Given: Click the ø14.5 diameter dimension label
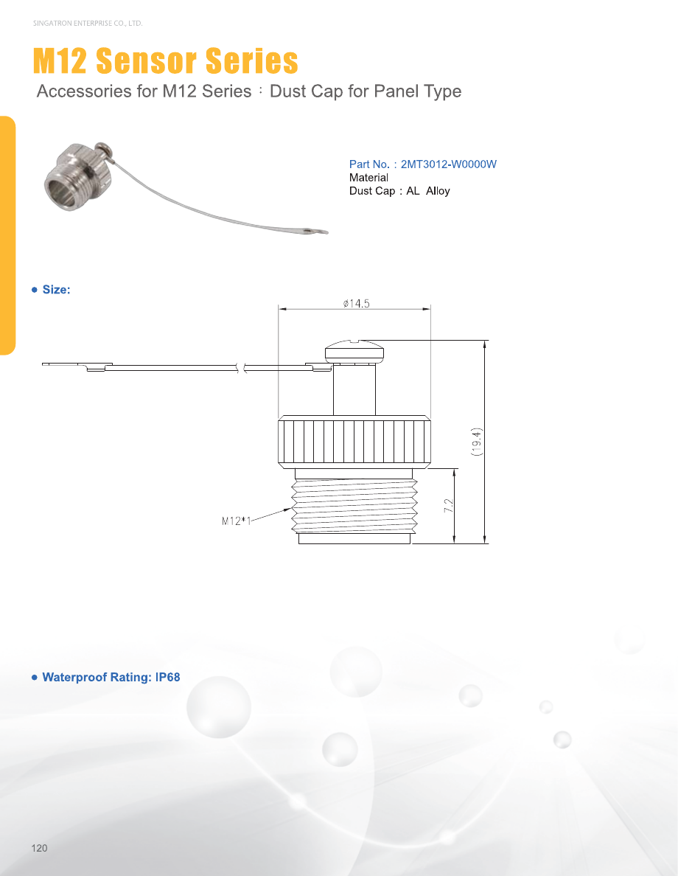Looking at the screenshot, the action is tap(356, 303).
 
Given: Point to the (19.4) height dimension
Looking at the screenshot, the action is tap(476, 442).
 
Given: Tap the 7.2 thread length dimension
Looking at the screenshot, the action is tap(449, 506).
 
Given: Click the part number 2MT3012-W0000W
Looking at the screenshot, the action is tap(449, 164).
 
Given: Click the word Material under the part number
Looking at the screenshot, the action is tap(368, 178).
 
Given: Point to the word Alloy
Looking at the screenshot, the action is tap(438, 191).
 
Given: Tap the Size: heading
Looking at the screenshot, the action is tap(57, 289).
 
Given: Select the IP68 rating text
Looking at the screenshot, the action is tap(167, 677).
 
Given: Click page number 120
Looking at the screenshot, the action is tap(39, 848).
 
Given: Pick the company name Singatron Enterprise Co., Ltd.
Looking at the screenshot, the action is tap(88, 24).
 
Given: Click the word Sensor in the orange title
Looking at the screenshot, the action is tap(147, 60).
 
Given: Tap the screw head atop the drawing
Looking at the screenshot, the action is tap(354, 350).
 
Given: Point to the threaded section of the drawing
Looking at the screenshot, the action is tap(354, 506).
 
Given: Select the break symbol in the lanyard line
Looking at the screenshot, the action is tap(241, 368).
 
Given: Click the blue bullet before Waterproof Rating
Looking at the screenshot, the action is tap(35, 678).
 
